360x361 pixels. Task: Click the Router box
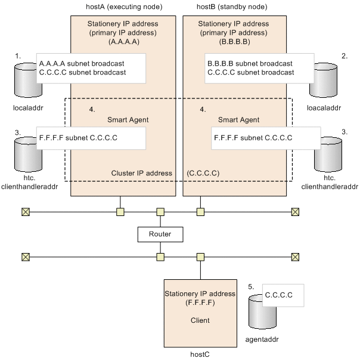coord(160,234)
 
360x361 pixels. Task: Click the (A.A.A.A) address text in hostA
coord(124,42)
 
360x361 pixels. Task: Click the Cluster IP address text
coord(142,173)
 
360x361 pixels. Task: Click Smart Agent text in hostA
coord(128,119)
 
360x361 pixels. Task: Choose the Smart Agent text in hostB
coord(238,119)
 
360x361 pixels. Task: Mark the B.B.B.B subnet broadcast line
coord(250,63)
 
